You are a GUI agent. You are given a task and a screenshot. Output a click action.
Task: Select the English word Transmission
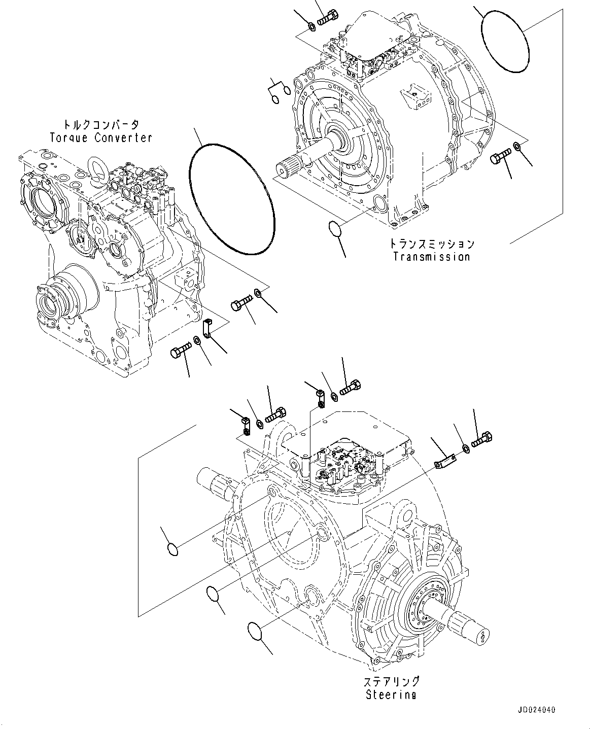(x=432, y=257)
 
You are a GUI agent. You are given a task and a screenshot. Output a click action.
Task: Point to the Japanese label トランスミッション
(x=432, y=244)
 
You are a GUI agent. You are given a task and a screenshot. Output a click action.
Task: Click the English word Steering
(x=391, y=695)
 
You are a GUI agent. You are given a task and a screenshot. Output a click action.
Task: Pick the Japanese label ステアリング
(x=391, y=681)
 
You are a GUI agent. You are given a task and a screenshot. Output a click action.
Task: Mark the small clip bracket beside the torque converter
(x=207, y=327)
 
